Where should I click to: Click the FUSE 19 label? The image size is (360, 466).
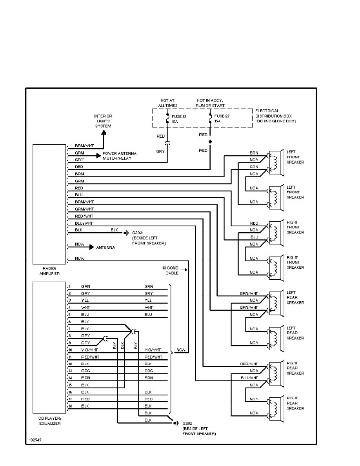pyautogui.click(x=180, y=116)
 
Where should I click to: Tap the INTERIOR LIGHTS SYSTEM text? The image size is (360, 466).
pyautogui.click(x=104, y=121)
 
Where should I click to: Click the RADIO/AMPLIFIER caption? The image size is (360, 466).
pyautogui.click(x=49, y=271)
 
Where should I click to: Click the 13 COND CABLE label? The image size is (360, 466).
pyautogui.click(x=170, y=270)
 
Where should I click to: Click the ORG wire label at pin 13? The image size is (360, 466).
pyautogui.click(x=85, y=371)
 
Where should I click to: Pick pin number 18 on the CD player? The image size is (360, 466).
pyautogui.click(x=70, y=406)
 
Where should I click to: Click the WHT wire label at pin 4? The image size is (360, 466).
pyautogui.click(x=85, y=307)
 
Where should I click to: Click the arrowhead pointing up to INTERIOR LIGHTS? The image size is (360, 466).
pyautogui.click(x=104, y=134)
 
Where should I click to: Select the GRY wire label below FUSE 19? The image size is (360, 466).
pyautogui.click(x=160, y=151)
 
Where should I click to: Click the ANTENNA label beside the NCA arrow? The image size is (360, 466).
pyautogui.click(x=105, y=248)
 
